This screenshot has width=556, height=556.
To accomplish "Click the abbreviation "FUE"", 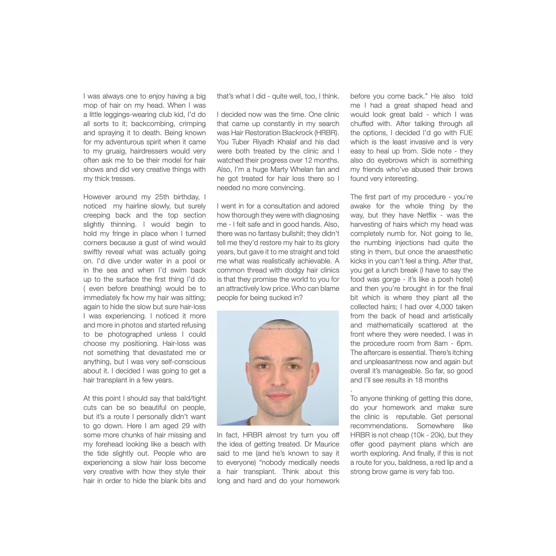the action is click(x=465, y=133).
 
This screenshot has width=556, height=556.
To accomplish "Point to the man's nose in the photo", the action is click(x=278, y=378).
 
